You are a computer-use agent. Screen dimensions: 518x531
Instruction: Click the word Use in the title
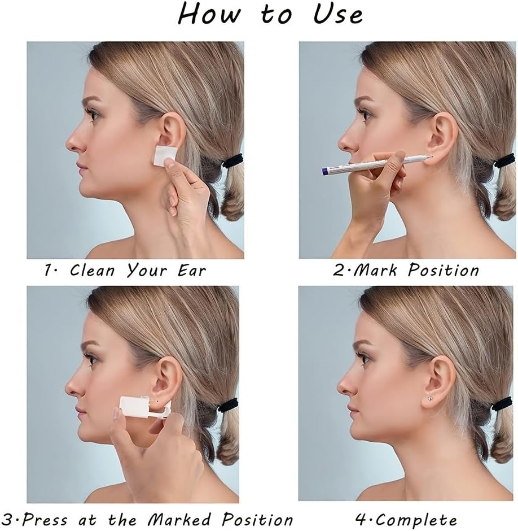coord(338,14)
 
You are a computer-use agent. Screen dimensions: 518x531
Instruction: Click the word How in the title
coord(209,14)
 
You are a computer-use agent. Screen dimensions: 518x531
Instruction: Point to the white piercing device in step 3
coord(146,406)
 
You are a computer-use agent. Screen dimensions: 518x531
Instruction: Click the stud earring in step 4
coord(429,398)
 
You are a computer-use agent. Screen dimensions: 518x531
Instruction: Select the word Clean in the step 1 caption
coord(93,270)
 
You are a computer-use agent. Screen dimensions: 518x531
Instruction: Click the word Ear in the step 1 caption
coord(191,271)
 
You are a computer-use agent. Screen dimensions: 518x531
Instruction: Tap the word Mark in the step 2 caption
coord(375,270)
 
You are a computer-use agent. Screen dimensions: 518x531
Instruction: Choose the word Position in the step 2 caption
coord(443,270)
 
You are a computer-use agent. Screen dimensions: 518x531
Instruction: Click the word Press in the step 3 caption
coord(46,520)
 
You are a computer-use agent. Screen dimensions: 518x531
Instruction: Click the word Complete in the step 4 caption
coord(416,520)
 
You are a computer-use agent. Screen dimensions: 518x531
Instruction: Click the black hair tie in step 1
coord(232,160)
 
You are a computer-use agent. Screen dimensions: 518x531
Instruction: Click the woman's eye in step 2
coord(365,112)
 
